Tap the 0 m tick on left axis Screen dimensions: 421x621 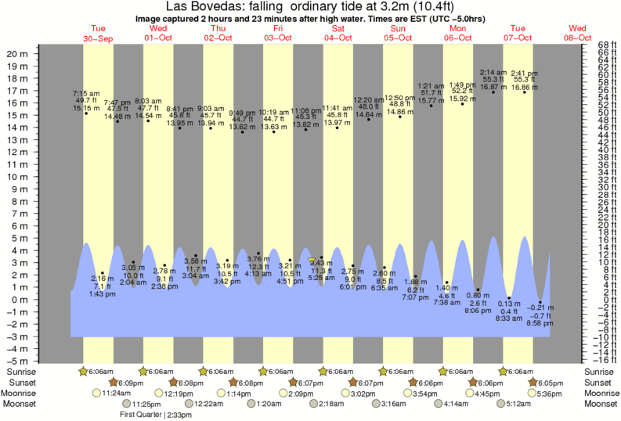20,300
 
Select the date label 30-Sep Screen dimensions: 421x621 99,38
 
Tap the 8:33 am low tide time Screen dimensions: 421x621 510,318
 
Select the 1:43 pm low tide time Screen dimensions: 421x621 103,294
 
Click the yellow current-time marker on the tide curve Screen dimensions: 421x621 312,261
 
